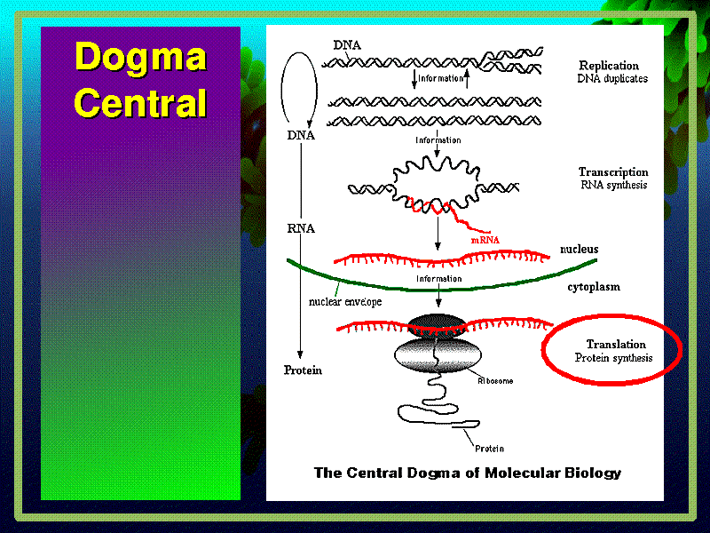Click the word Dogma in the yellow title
point(140,58)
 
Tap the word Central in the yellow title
point(140,103)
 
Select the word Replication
point(609,66)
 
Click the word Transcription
point(613,172)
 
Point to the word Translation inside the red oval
point(616,345)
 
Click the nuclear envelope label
point(345,301)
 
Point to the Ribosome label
point(496,380)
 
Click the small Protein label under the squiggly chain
point(489,448)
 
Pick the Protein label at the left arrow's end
point(302,370)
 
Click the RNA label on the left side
point(301,227)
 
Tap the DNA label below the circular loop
point(300,135)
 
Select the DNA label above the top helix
point(347,44)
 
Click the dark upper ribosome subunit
point(436,325)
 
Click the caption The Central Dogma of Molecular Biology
point(467,473)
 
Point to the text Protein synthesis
point(612,358)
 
